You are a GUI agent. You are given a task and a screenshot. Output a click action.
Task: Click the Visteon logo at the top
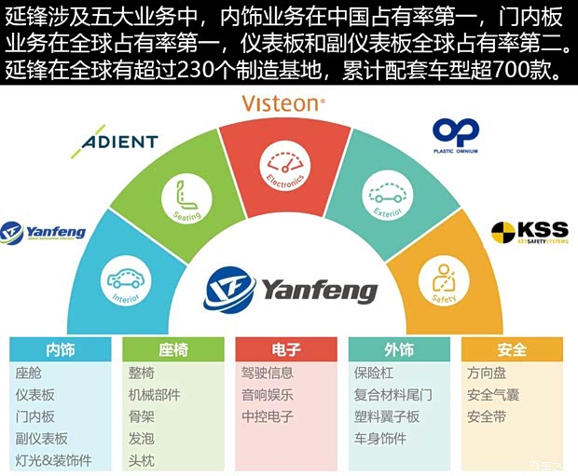[283, 103]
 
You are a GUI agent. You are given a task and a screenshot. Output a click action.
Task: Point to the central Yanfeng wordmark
[319, 291]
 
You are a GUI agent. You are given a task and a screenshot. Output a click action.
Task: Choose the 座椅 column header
[173, 350]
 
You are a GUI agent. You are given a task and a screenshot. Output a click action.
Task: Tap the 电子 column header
[285, 350]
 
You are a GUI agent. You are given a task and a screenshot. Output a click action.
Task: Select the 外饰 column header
[399, 350]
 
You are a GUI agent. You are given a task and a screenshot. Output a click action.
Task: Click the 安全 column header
[512, 350]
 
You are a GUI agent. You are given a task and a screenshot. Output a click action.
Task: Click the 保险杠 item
[375, 373]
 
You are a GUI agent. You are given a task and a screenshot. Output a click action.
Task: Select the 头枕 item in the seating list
[142, 460]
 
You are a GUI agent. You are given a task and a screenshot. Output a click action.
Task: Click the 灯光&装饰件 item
[54, 460]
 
